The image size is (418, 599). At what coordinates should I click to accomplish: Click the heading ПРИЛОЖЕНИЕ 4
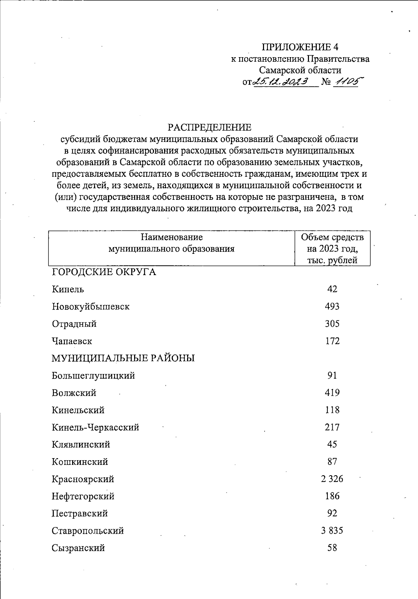pos(300,47)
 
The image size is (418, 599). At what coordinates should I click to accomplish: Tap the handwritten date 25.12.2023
pos(282,82)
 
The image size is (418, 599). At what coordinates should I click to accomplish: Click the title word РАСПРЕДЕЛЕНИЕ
pos(209,127)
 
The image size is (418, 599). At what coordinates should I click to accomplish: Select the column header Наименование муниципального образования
pos(171,243)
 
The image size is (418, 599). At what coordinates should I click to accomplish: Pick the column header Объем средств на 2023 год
pos(332,249)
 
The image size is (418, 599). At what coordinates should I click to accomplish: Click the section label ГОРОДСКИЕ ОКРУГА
pos(104,272)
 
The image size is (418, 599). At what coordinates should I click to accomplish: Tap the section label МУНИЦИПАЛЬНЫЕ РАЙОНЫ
pos(123,358)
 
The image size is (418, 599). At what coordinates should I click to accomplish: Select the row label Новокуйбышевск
pos(91,307)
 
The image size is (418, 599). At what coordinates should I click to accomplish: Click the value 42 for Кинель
pos(332,289)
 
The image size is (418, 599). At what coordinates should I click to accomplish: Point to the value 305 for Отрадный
pos(332,324)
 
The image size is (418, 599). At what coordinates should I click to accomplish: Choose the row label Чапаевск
pos(72,341)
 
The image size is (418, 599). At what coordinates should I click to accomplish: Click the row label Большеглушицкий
pos(93,376)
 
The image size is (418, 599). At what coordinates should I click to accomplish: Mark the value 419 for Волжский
pos(332,393)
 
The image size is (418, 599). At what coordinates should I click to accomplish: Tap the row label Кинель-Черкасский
pos(95,427)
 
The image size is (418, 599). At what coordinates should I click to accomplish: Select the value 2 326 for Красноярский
pos(332,479)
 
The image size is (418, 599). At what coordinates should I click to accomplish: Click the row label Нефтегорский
pos(83,496)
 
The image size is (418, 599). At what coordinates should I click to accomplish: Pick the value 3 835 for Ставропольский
pos(332,531)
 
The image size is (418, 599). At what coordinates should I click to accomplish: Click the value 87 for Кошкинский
pos(332,462)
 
